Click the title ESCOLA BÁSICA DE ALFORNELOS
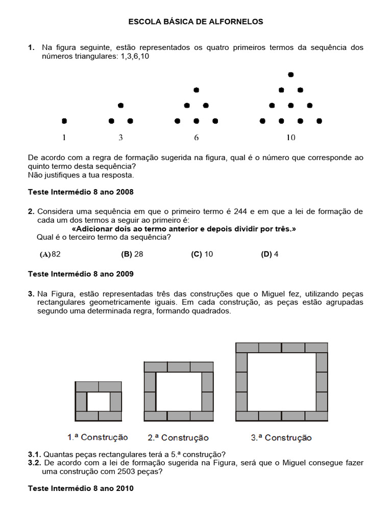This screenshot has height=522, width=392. tap(196, 22)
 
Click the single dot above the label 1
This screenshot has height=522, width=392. tap(64, 121)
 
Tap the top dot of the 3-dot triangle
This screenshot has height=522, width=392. tap(120, 106)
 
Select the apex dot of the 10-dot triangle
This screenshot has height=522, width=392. tap(291, 74)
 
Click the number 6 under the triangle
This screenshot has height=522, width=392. tap(197, 138)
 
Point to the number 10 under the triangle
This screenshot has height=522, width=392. tap(290, 138)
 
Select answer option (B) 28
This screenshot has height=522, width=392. tap(132, 254)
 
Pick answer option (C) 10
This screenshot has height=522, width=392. tap(202, 254)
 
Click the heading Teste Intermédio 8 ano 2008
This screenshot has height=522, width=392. tap(81, 192)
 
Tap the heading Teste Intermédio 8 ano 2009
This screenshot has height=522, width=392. tap(81, 274)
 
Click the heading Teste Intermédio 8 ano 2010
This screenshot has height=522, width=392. tap(81, 488)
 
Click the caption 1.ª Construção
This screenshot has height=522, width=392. tap(97, 437)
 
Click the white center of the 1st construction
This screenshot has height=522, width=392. tap(99, 401)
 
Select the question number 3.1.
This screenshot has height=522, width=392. tap(34, 454)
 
